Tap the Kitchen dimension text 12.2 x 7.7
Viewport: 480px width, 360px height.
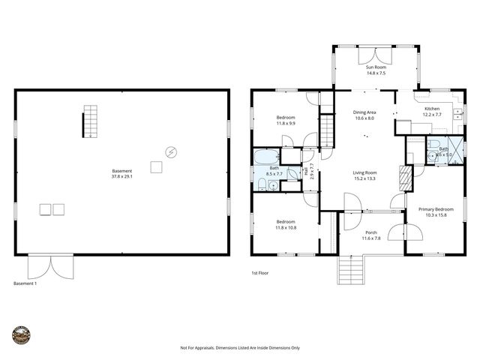(x=433, y=115)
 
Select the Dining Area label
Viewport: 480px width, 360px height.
(x=364, y=112)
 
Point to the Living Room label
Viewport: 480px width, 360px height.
(x=364, y=173)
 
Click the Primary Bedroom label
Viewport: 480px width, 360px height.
(x=436, y=209)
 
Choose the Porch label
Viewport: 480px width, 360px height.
(x=370, y=232)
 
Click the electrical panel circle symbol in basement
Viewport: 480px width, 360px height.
(x=172, y=152)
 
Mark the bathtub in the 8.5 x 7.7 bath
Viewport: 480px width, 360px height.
(x=265, y=157)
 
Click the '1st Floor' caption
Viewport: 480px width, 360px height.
(x=259, y=273)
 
